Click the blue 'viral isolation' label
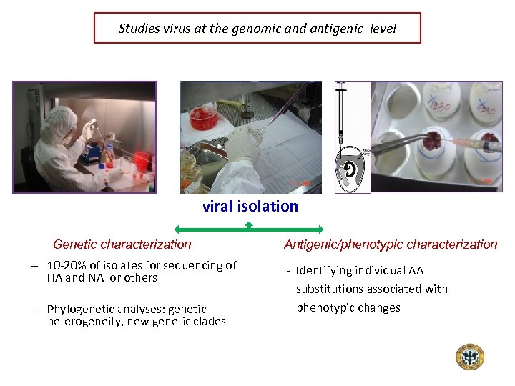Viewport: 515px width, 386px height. click(250, 207)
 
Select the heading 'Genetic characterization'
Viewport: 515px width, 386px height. click(122, 244)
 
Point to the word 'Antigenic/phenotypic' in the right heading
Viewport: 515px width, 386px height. click(340, 244)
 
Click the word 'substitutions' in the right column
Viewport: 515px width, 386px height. click(331, 289)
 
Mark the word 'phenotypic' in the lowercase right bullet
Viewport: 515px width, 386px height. click(323, 308)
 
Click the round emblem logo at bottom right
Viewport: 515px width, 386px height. click(470, 357)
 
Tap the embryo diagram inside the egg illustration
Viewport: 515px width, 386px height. click(353, 169)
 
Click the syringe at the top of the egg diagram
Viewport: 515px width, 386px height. click(342, 114)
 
